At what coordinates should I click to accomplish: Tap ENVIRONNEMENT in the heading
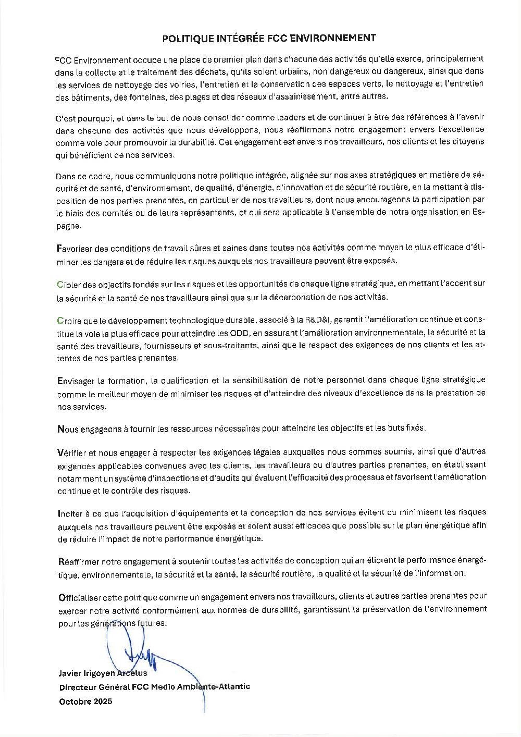(x=332, y=38)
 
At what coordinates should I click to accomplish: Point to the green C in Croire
(x=59, y=320)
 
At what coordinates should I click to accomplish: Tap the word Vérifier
(x=71, y=452)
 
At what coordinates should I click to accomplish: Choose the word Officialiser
(x=80, y=596)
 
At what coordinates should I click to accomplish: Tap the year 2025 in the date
(x=102, y=701)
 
